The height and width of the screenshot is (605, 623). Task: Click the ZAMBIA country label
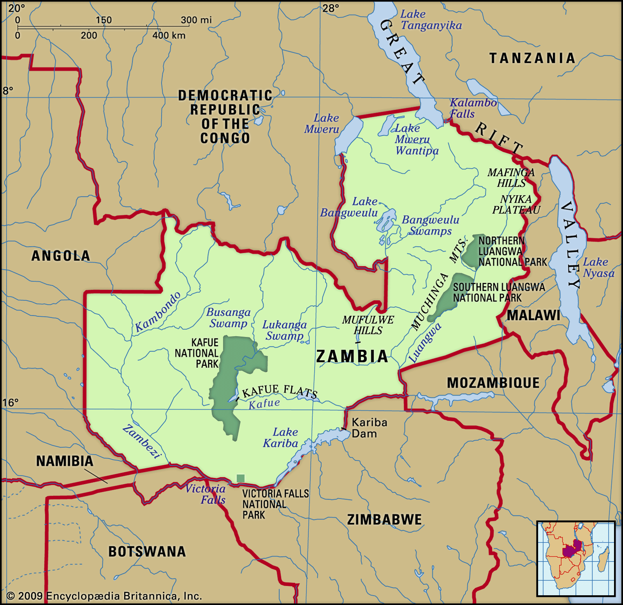click(352, 356)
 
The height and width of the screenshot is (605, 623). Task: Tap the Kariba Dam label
click(369, 428)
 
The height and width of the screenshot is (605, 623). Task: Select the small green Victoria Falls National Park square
click(241, 478)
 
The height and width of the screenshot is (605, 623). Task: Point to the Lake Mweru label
click(322, 123)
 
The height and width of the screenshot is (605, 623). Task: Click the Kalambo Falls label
click(473, 108)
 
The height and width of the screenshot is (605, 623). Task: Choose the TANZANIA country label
click(532, 58)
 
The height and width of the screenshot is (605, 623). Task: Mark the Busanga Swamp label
click(229, 317)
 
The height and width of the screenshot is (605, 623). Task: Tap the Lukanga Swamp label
click(285, 330)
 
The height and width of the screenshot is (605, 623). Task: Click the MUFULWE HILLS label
click(368, 325)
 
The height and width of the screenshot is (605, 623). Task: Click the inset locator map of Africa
click(575, 558)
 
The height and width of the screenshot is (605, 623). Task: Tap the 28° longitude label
click(331, 8)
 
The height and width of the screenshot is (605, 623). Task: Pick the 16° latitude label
click(10, 402)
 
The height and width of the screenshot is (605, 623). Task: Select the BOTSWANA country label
click(147, 551)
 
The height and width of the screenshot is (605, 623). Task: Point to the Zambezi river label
click(142, 441)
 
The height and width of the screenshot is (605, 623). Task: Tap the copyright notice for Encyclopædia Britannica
click(104, 596)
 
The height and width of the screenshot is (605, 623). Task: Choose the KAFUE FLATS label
click(280, 391)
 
